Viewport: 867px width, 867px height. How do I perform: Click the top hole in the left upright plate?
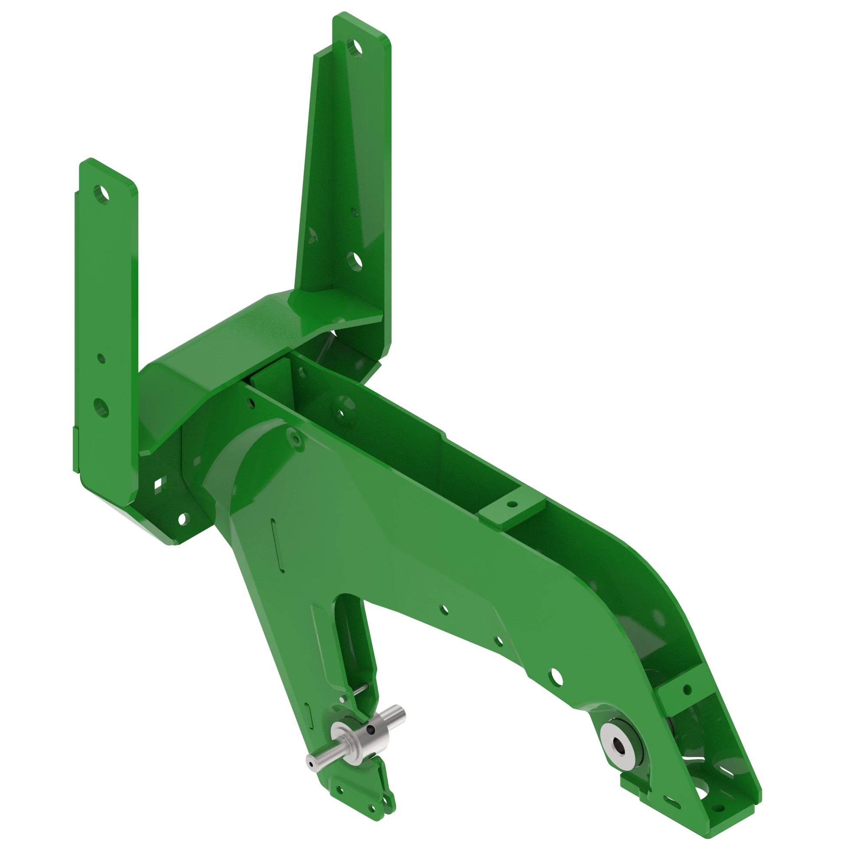[x=101, y=194]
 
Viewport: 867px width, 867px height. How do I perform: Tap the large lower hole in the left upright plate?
[x=101, y=407]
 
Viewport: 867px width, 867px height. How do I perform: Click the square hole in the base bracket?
[x=158, y=485]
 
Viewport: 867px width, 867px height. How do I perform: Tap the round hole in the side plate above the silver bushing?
[x=556, y=677]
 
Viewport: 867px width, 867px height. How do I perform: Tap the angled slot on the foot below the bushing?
[x=672, y=802]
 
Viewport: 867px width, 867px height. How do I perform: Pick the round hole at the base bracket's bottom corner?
[x=182, y=519]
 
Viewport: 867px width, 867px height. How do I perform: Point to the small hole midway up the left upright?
[x=101, y=358]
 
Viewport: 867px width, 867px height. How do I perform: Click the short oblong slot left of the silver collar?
[x=307, y=711]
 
